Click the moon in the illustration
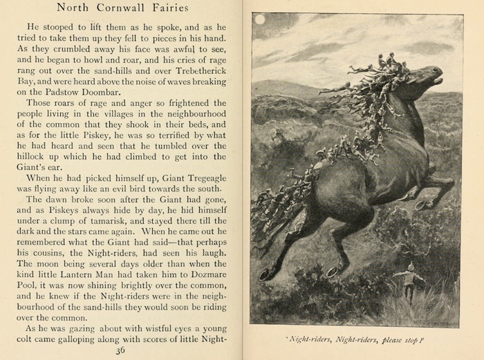pos(259,20)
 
